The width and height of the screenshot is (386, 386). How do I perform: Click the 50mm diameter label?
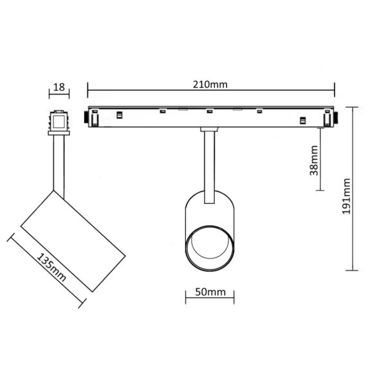click(x=210, y=291)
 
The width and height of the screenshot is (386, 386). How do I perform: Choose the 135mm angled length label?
click(x=51, y=268)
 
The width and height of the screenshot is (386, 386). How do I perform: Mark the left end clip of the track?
click(x=93, y=118)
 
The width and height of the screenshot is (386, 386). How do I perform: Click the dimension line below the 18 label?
click(x=59, y=94)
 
